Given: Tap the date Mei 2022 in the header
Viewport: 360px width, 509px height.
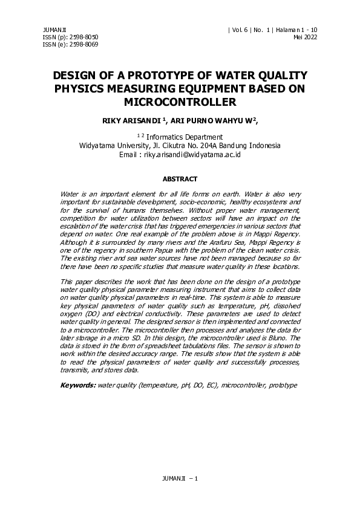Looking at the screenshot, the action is click(305, 37).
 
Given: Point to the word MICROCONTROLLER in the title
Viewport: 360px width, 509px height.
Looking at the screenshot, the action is click(180, 102).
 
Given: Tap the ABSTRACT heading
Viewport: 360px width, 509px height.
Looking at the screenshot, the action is click(180, 179).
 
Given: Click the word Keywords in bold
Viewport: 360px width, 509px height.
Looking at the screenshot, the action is click(77, 385).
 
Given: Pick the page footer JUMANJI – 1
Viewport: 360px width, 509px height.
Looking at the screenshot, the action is click(180, 478).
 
